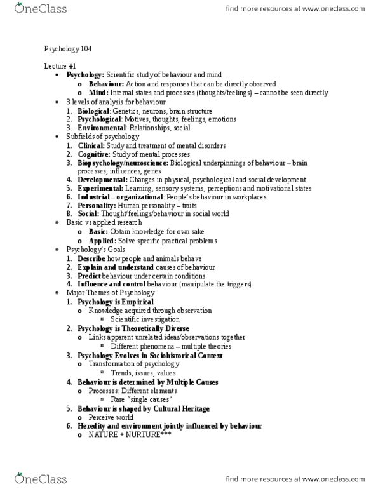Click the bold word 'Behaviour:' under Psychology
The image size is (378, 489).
pos(106,83)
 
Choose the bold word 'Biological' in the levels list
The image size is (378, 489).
pos(93,110)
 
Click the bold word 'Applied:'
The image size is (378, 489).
pos(102,241)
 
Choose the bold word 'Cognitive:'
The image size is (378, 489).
pos(94,154)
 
